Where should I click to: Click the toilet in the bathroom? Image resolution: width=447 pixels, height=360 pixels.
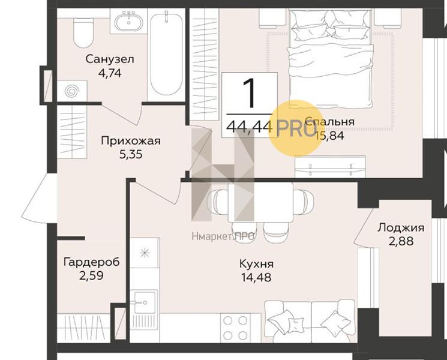pos(83,33)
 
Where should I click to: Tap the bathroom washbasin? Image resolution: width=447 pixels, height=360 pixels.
pos(129,21)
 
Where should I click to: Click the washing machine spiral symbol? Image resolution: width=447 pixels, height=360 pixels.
pos(71,91)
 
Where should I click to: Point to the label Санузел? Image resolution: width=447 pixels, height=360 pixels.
pos(110,59)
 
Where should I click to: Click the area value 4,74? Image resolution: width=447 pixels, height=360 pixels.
pos(110,73)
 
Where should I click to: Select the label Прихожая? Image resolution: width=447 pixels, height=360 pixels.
pos(131,141)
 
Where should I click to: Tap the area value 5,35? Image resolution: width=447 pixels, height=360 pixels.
pos(131,154)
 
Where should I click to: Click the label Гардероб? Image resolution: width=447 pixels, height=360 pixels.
pos(92,262)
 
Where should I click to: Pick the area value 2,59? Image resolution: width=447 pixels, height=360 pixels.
pos(91,275)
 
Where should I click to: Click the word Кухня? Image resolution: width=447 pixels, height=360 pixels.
pos(257,263)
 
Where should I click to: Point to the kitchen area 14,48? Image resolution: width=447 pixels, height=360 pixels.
pos(256,277)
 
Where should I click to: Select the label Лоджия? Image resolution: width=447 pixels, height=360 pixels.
pos(401,228)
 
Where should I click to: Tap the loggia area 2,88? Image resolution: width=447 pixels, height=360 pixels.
pos(401,241)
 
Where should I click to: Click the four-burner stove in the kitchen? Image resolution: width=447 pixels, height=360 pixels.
pos(235,328)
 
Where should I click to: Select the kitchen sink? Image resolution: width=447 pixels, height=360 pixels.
pos(144,302)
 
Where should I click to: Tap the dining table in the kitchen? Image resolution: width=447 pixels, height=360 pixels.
pos(260,202)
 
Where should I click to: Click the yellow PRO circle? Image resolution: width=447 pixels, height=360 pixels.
pos(296,128)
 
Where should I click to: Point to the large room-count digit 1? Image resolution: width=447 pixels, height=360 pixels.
pos(250,93)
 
